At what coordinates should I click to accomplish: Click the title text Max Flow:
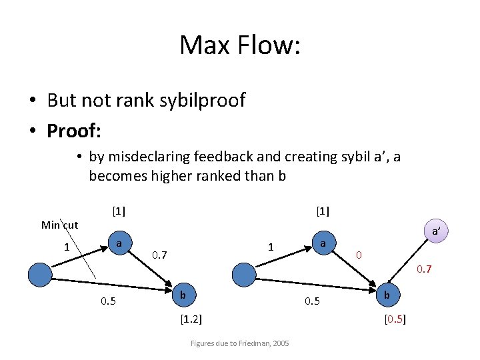pyautogui.click(x=240, y=45)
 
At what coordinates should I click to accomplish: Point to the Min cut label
pyautogui.click(x=59, y=225)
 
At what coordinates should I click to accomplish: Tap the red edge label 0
pyautogui.click(x=359, y=255)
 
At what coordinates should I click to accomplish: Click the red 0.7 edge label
pyautogui.click(x=425, y=270)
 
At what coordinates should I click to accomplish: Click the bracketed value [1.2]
pyautogui.click(x=191, y=318)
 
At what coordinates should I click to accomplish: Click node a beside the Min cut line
pyautogui.click(x=118, y=244)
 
